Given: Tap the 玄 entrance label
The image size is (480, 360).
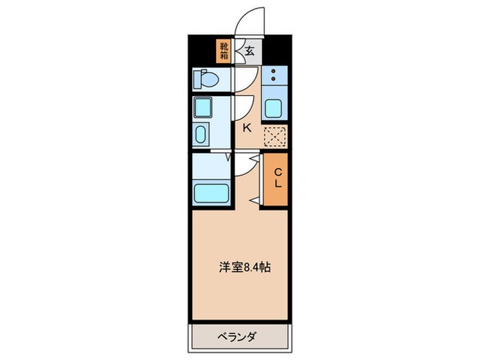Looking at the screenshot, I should point(250,50).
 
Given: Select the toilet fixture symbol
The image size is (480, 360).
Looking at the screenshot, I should point(205,80).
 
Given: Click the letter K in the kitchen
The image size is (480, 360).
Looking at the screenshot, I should point(247,127).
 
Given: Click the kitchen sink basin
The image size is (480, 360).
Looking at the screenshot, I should point(274,107).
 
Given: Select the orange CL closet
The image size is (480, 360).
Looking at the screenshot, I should point(275,178).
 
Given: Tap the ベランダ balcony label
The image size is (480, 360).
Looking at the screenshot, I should point(238,337).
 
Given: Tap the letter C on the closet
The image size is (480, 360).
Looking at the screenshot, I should point(278,172).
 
